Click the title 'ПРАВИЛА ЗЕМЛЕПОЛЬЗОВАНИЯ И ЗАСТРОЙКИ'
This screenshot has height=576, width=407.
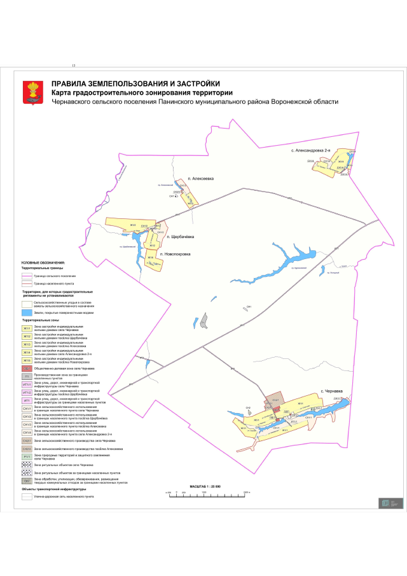click(135, 83)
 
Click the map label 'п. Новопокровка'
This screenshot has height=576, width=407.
click(180, 253)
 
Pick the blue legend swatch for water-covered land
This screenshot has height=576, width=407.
click(27, 313)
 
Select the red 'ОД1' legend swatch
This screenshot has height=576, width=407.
click(27, 369)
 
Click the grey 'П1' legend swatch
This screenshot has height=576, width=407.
click(27, 376)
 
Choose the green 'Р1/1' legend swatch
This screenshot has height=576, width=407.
click(27, 457)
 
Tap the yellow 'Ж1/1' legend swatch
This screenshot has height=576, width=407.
click(27, 328)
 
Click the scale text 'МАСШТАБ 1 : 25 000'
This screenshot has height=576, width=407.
click(205, 486)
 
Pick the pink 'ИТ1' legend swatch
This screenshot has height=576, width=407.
click(27, 400)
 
